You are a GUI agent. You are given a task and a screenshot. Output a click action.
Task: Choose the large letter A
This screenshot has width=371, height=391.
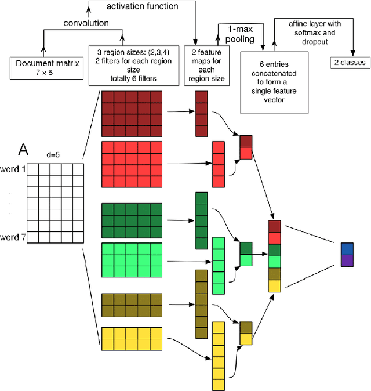pos(23,150)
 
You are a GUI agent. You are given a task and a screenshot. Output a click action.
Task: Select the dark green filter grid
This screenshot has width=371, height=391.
pos(132,220)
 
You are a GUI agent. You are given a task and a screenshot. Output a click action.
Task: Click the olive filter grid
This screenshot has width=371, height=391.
pos(132,303)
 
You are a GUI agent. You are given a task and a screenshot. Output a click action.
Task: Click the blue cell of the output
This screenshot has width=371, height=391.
pos(347,249)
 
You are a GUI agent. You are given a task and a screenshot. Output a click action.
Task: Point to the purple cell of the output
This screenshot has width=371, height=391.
pos(347,260)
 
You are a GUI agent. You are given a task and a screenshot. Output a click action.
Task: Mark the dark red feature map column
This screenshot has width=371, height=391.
pos(201,113)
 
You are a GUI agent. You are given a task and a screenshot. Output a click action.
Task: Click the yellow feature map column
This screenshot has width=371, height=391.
pos(218,355)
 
